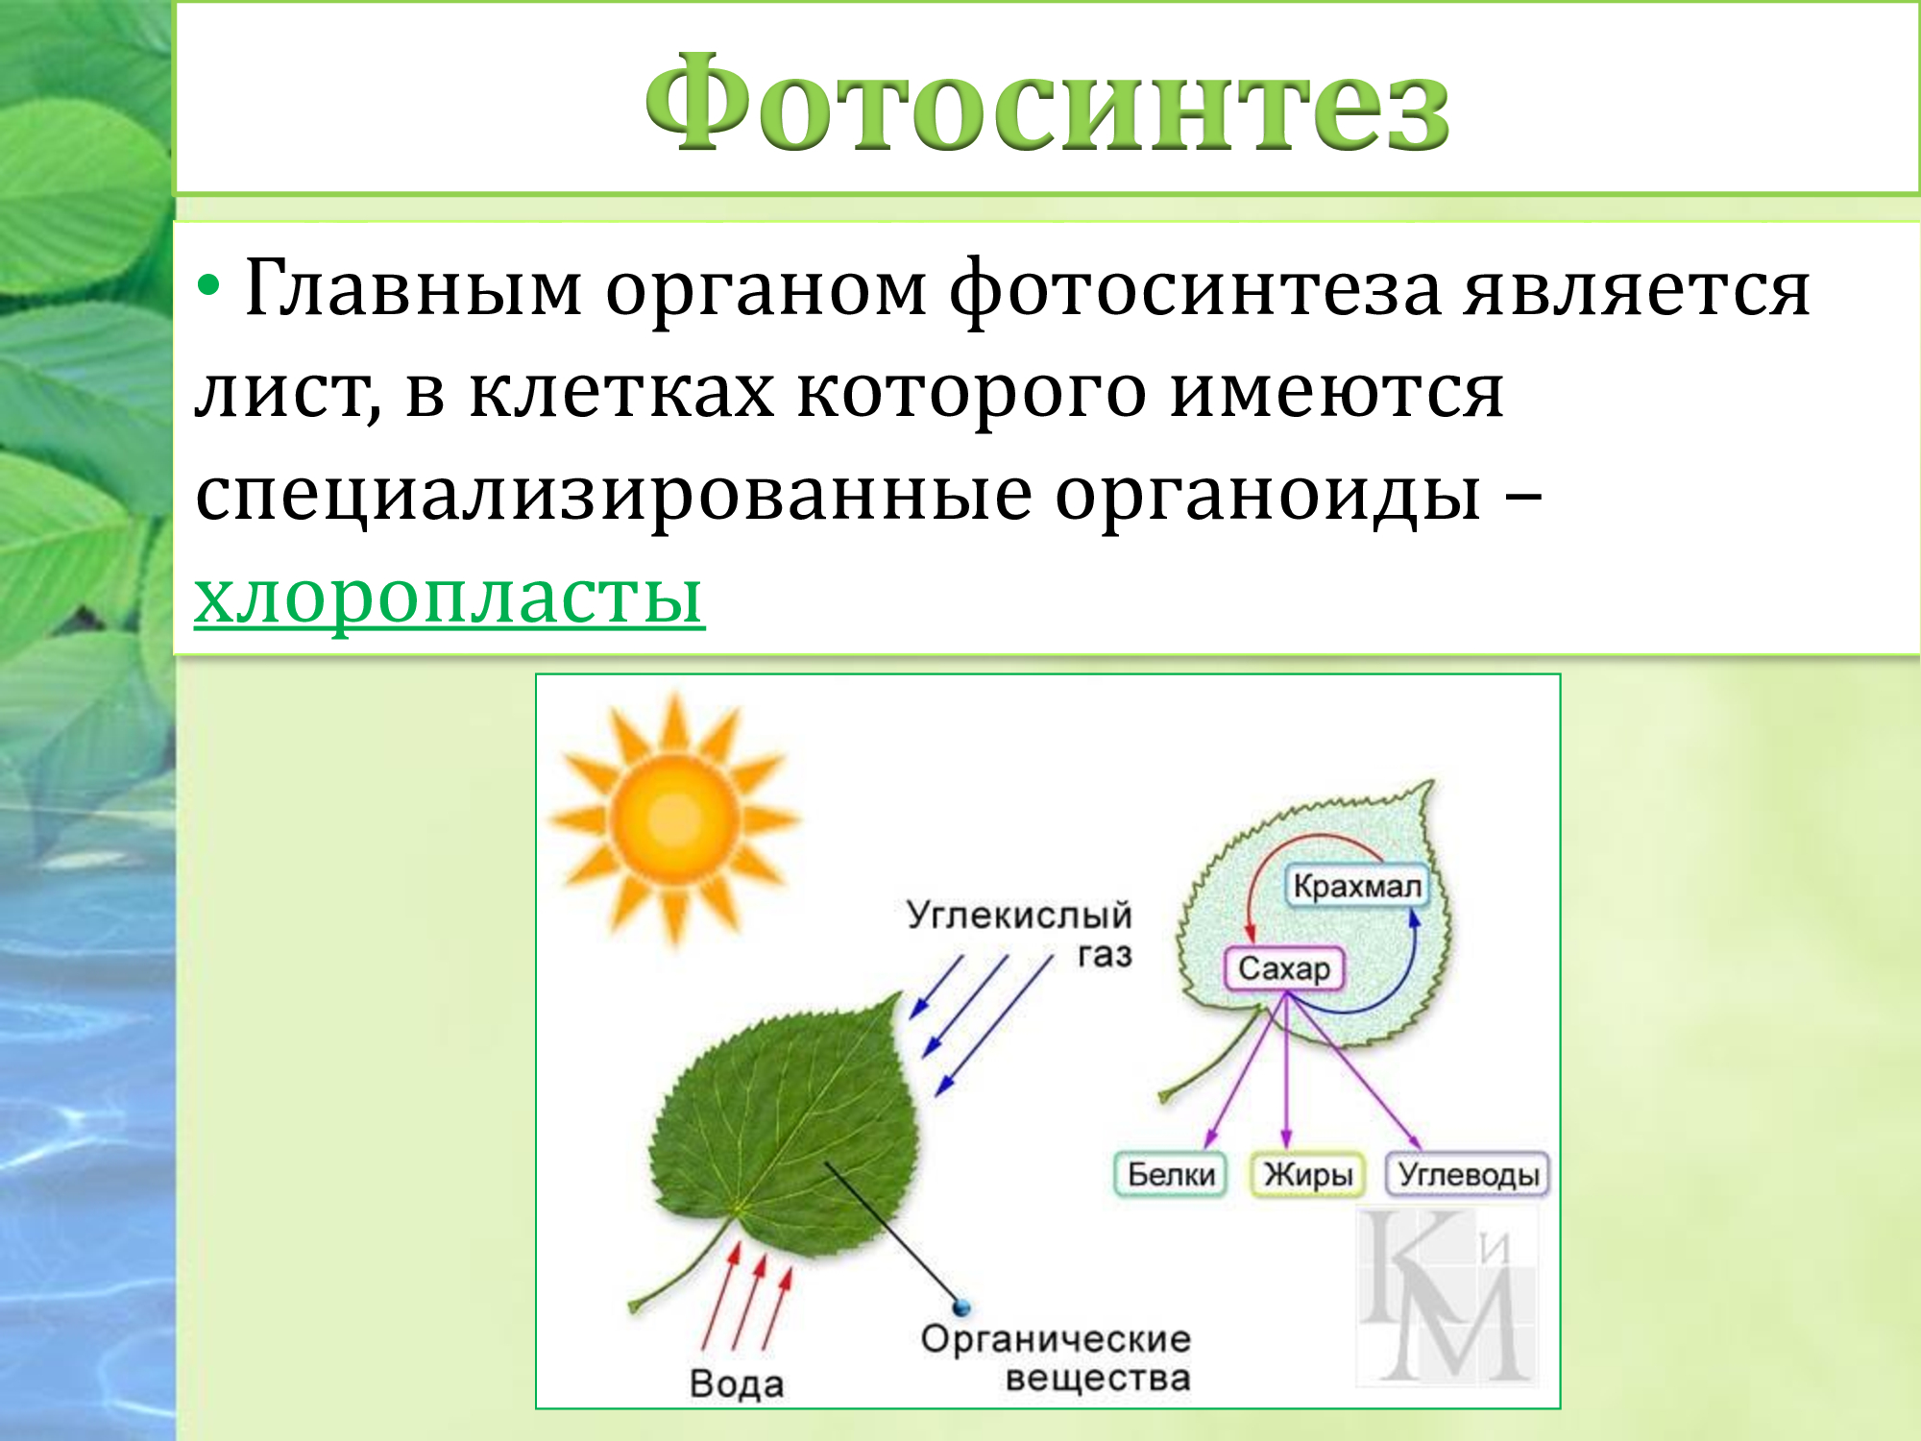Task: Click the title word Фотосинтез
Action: click(x=1047, y=103)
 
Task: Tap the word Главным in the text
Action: click(x=414, y=287)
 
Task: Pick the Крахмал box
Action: click(x=1356, y=885)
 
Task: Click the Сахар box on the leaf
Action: click(x=1284, y=968)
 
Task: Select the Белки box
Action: click(x=1170, y=1174)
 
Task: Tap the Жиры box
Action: click(x=1307, y=1174)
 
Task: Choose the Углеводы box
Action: click(x=1468, y=1174)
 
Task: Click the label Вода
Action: click(x=737, y=1383)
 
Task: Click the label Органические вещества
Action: click(x=1057, y=1357)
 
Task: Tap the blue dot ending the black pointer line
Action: click(x=960, y=1307)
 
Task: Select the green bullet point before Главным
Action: click(x=208, y=284)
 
